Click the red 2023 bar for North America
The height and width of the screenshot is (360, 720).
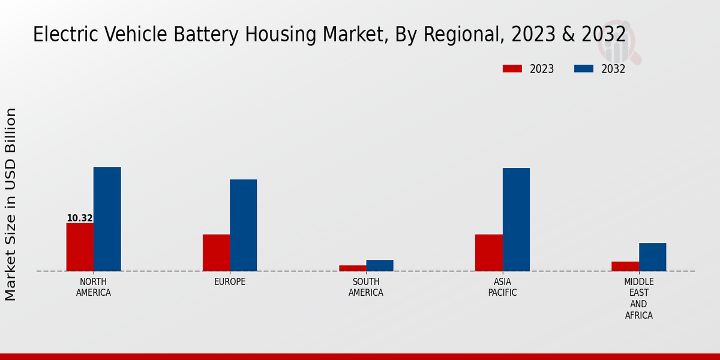point(80,247)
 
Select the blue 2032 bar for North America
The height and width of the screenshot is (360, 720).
point(107,219)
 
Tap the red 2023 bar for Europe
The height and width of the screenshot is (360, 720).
point(216,253)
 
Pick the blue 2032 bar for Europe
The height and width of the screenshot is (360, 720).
point(243,225)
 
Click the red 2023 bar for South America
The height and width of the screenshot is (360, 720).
point(352,268)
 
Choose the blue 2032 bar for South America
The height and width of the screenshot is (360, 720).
point(380,265)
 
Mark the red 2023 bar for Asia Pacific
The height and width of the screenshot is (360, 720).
point(488,253)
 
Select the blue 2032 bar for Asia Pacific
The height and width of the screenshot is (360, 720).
point(516,220)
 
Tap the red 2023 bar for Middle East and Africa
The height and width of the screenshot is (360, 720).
point(625,266)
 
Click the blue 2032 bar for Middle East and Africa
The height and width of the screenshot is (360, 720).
point(652,257)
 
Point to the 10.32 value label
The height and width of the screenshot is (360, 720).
point(80,218)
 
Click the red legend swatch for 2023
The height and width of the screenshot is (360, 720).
point(512,69)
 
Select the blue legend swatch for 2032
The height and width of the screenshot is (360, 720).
point(584,69)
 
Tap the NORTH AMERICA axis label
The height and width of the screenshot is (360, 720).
point(94,287)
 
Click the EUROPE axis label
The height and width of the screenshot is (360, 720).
point(230,282)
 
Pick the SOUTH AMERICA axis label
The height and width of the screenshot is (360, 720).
point(366,287)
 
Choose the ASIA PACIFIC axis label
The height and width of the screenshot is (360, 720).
point(502,287)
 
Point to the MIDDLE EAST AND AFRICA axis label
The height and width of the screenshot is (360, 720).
point(639,299)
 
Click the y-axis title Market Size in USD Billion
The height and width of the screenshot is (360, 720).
point(11,204)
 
